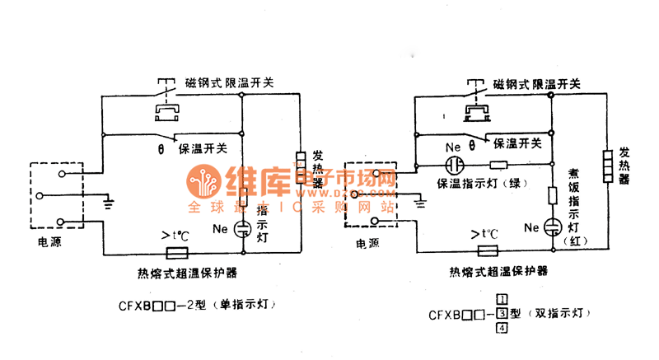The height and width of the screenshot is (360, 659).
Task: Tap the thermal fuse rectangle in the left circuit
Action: [x=179, y=253]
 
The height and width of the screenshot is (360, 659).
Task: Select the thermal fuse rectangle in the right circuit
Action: [x=487, y=251]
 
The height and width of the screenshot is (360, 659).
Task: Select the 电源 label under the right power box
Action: [x=367, y=244]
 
